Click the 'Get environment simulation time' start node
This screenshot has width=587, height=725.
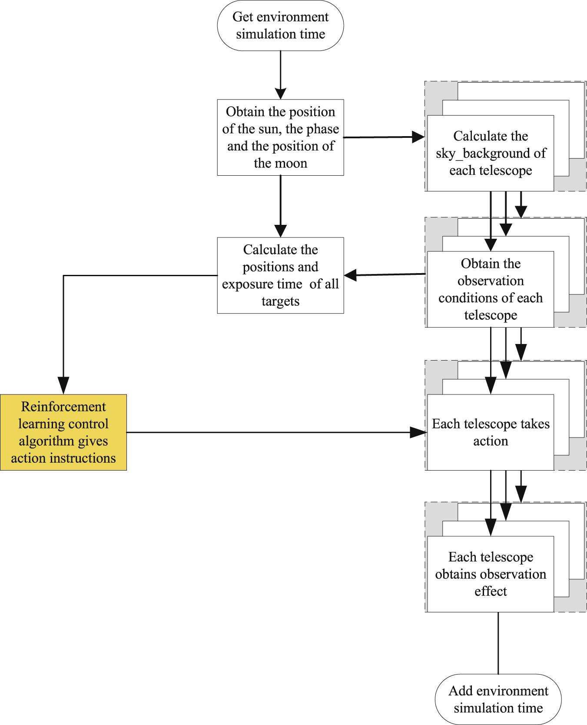pos(280,26)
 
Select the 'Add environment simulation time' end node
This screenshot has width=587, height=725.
pos(498,699)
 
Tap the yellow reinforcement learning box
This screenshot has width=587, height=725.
pos(63,432)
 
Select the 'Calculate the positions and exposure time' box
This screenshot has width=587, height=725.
pos(280,275)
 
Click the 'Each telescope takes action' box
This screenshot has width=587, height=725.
pos(491,432)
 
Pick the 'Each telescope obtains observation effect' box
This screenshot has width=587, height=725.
pos(491,574)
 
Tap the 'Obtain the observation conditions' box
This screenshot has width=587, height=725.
pos(491,289)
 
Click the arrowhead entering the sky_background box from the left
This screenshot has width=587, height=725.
pos(418,137)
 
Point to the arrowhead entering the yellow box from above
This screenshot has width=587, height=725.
pos(63,386)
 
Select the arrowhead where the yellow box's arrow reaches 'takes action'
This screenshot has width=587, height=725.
pos(419,432)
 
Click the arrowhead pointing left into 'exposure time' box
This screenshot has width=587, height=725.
pos(351,275)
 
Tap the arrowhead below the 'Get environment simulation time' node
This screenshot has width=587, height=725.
pos(281,93)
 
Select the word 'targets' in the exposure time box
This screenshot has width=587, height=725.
pos(280,301)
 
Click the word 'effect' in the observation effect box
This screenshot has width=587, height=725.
pos(491,591)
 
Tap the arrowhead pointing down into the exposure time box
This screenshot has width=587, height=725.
pos(281,231)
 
